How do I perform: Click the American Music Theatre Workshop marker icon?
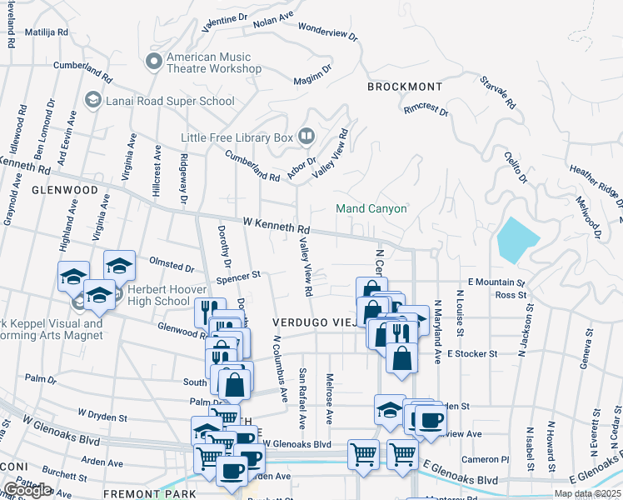(154, 62)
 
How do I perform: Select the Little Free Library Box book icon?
(306, 136)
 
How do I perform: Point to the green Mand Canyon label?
(371, 208)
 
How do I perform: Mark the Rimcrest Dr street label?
(426, 110)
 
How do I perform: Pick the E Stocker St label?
(471, 353)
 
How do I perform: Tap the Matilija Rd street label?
(51, 32)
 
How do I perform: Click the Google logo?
(27, 490)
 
